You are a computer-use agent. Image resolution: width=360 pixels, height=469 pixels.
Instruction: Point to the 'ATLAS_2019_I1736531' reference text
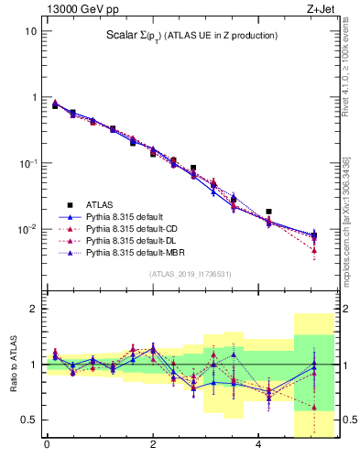click(x=190, y=274)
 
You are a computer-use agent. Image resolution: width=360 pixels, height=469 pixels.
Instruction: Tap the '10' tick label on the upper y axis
click(x=30, y=31)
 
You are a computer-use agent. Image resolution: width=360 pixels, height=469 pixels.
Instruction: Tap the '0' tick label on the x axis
click(x=47, y=446)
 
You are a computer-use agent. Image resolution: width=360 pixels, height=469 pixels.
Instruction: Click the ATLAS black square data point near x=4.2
click(x=268, y=212)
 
